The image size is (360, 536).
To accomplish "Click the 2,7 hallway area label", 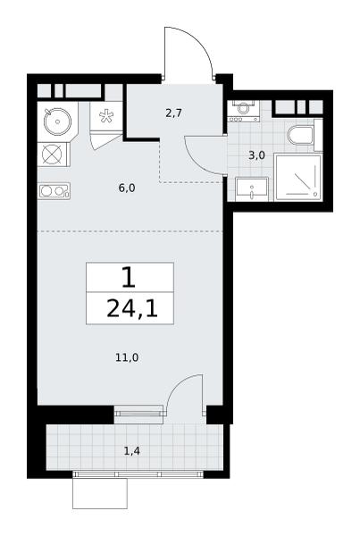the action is click(173, 113).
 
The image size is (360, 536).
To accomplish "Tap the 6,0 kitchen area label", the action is click(127, 188).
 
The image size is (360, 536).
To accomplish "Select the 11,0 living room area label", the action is click(127, 357).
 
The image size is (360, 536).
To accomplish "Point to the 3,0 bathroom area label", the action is click(256, 155).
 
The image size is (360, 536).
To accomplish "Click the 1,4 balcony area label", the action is click(131, 451).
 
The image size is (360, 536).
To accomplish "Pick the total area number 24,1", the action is click(132, 309).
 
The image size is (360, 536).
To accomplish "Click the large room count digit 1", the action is click(129, 278).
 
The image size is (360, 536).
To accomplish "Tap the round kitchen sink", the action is click(57, 121).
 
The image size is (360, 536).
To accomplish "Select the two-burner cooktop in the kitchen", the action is click(54, 191).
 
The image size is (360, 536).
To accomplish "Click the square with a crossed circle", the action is click(52, 155).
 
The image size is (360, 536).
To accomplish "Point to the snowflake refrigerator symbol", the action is click(106, 115).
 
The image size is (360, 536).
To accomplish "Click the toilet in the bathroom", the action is click(302, 136).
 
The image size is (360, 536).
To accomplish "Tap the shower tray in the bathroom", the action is click(297, 178).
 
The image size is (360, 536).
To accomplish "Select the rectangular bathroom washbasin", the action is click(251, 189).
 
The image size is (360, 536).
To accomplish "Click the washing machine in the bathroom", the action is click(243, 111).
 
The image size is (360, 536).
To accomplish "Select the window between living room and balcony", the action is click(138, 414).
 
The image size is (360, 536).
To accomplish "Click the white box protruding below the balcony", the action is click(100, 493).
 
